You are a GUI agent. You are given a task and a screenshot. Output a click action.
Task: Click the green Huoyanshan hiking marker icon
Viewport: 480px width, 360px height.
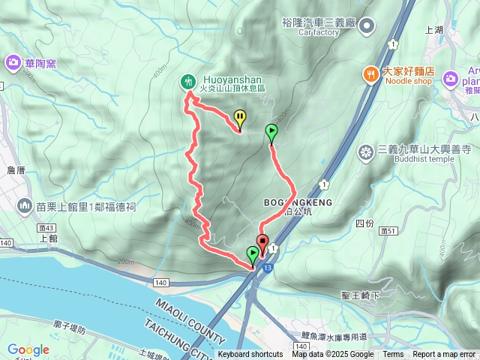tap(187, 81)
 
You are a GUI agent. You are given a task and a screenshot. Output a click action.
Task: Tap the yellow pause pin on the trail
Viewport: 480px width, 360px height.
tap(239, 118)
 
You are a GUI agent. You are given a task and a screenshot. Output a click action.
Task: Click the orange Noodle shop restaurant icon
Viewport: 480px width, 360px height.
tap(370, 73)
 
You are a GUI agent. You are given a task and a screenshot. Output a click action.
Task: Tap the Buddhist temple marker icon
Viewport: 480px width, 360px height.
tap(366, 153)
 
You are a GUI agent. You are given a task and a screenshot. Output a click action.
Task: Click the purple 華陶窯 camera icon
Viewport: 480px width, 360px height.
tap(13, 62)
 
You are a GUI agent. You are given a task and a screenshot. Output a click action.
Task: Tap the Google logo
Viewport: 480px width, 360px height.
tap(28, 349)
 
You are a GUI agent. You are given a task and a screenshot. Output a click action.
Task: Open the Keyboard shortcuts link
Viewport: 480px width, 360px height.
tap(250, 355)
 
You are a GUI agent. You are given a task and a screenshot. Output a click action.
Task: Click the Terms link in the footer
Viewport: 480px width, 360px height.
tap(393, 355)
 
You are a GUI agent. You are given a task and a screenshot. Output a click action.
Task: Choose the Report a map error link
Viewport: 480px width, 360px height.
tap(443, 355)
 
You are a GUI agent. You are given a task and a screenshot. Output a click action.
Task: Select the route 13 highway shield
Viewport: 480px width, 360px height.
tap(268, 265)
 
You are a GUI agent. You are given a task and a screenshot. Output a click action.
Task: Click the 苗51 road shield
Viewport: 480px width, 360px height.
tap(388, 231)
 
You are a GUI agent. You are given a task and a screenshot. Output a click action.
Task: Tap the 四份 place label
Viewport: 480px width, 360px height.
tap(364, 223)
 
